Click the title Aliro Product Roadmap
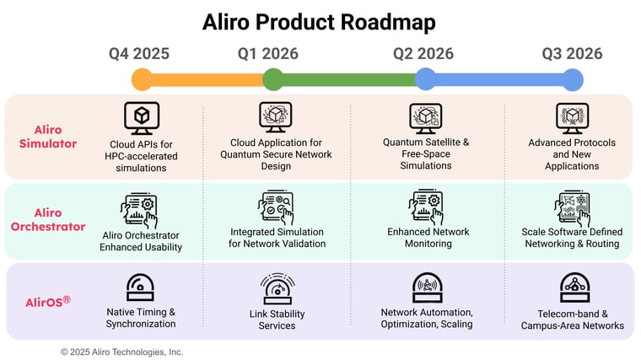pyautogui.click(x=319, y=21)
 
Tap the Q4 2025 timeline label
pyautogui.click(x=139, y=54)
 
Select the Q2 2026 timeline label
pyautogui.click(x=423, y=54)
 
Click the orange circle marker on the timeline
pyautogui.click(x=143, y=80)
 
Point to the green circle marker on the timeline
pyautogui.click(x=272, y=80)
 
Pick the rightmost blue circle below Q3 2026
pyautogui.click(x=573, y=80)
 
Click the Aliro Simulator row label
pyautogui.click(x=48, y=137)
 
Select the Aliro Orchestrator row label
pyautogui.click(x=48, y=219)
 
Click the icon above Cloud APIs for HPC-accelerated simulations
pyautogui.click(x=141, y=117)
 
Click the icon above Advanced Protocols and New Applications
pyautogui.click(x=573, y=117)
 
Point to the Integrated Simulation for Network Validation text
pyautogui.click(x=276, y=238)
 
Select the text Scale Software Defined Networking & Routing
pyautogui.click(x=573, y=238)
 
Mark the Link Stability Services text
pyautogui.click(x=276, y=320)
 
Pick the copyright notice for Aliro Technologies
pyautogui.click(x=121, y=352)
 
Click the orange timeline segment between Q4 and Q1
pyautogui.click(x=207, y=80)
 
